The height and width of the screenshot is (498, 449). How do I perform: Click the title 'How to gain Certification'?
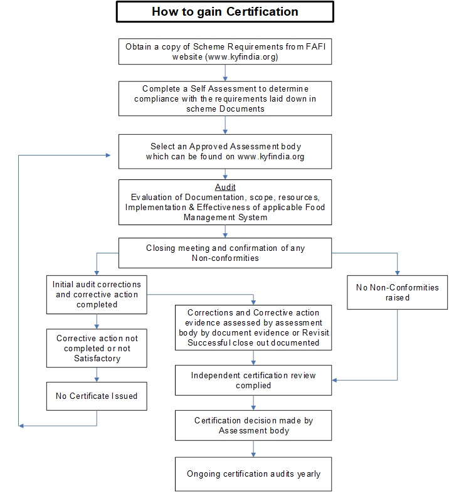(225, 12)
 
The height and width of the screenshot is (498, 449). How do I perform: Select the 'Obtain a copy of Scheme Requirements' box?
(225, 51)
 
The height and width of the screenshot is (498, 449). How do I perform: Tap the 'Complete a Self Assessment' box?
(225, 98)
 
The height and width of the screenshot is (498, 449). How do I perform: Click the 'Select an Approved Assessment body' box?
(225, 152)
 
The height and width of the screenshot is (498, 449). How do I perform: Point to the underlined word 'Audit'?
(225, 187)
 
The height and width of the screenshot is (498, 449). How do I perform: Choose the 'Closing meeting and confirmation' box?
(225, 253)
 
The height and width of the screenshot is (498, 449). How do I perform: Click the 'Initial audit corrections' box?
(97, 295)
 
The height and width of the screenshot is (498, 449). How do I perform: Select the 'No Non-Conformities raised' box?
(397, 292)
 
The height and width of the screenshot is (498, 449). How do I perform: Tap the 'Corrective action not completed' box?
(97, 348)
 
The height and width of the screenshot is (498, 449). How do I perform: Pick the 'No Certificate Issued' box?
(97, 396)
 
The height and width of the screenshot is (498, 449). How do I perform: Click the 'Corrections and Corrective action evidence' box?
(253, 328)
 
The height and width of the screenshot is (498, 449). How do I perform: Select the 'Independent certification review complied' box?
(253, 380)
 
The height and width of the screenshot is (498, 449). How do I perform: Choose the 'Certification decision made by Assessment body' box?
(253, 425)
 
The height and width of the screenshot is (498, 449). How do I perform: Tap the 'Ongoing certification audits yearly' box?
(253, 474)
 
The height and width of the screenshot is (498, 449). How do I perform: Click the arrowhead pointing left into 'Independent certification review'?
(334, 380)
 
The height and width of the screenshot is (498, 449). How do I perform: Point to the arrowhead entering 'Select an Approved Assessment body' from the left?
(108, 156)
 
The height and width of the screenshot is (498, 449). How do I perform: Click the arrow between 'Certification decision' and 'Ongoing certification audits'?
(253, 449)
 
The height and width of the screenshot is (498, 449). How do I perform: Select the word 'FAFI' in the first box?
(315, 46)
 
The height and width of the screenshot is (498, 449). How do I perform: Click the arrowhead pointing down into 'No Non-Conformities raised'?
(397, 273)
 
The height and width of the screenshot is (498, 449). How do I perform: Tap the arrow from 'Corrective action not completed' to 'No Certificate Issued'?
(97, 375)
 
